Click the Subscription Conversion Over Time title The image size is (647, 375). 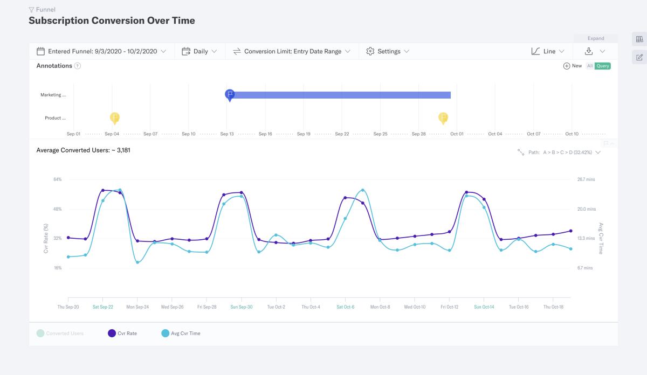point(112,21)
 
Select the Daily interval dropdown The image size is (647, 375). point(199,51)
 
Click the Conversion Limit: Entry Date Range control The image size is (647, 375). point(292,51)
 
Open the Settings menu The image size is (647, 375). point(388,51)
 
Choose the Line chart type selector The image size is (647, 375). point(548,51)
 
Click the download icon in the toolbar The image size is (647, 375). point(589,51)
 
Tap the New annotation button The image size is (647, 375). point(573,66)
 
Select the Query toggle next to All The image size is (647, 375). point(603,66)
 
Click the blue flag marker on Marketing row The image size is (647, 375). point(230,95)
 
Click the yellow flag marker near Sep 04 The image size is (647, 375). point(115,117)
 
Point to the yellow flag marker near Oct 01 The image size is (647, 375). point(443,117)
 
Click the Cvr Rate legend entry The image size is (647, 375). point(122,334)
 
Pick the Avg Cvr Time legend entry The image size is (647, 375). point(181,334)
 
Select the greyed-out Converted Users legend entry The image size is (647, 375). point(60,334)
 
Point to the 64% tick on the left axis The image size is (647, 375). point(57,179)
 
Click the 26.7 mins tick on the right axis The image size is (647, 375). point(586,179)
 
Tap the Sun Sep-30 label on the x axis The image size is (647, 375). point(241,307)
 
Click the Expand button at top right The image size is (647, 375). point(596,38)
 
